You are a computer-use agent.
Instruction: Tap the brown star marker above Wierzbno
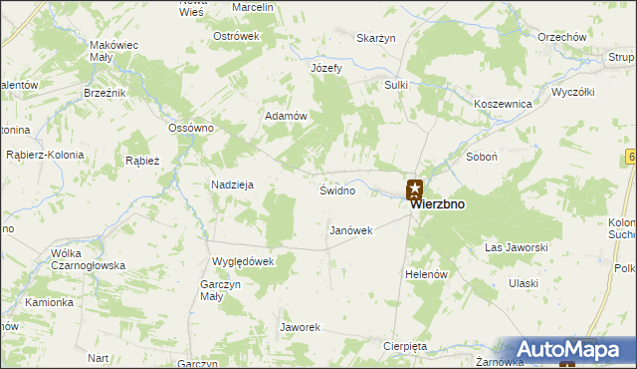(415, 187)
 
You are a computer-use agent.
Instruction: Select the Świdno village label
(337, 189)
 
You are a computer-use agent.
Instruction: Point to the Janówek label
(350, 230)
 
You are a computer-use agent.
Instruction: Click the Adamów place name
(284, 116)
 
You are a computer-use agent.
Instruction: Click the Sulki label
(396, 86)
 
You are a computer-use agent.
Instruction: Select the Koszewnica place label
(505, 104)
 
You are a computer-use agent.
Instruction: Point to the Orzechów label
(561, 37)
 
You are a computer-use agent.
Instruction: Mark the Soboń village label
(482, 158)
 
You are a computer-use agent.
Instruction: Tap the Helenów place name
(429, 273)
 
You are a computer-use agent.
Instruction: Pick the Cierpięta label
(404, 346)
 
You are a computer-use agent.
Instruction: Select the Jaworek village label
(300, 327)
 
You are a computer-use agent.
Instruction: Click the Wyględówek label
(243, 261)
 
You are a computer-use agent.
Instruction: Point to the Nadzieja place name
(233, 184)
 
